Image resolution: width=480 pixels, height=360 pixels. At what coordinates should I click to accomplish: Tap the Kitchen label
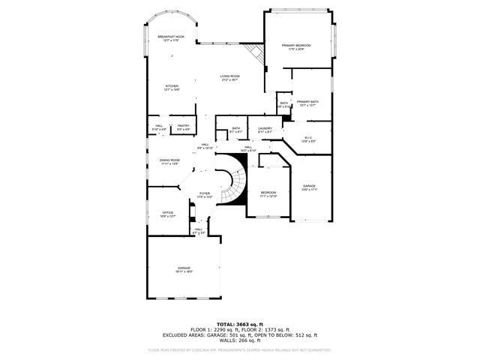tap(172, 87)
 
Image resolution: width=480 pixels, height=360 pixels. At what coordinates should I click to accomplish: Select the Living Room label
tap(229, 77)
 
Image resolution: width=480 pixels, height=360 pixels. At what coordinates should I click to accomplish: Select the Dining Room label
tap(169, 161)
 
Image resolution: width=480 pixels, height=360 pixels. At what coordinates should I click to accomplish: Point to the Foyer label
tap(205, 195)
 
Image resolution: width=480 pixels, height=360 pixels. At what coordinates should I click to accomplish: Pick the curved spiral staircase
tap(234, 186)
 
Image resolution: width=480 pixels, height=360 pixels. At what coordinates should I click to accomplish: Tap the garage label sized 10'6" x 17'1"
tap(310, 187)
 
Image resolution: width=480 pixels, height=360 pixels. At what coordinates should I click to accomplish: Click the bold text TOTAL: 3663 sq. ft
tap(240, 323)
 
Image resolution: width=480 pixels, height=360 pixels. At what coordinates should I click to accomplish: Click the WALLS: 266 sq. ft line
tap(240, 341)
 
